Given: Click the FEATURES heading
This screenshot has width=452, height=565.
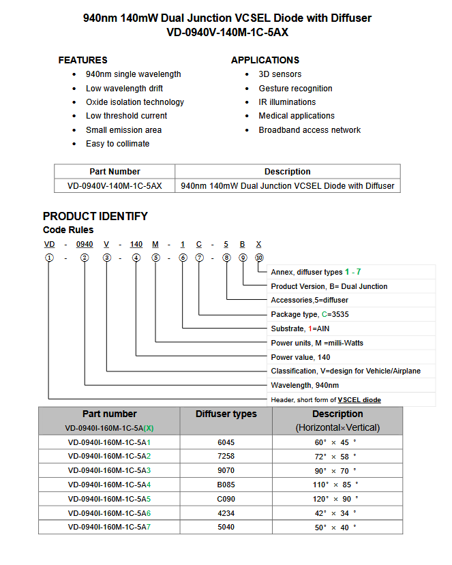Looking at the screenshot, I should [x=82, y=60].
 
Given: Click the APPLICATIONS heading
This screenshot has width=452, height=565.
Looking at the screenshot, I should [x=265, y=60].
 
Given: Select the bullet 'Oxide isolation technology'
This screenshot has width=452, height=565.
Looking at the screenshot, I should [x=134, y=102].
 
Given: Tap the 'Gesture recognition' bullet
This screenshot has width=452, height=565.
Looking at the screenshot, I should [x=295, y=89].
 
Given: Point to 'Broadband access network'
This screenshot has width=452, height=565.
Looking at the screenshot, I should [x=310, y=130].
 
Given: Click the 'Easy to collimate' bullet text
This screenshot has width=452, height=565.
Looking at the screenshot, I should [x=117, y=144].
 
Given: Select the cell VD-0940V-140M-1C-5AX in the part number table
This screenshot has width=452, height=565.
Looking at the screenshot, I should [x=115, y=185].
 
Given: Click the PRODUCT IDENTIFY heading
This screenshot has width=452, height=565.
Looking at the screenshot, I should [x=95, y=216].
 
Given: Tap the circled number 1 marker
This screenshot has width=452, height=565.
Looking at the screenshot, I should [x=49, y=258].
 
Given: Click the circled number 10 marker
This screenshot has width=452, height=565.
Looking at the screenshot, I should [x=259, y=258].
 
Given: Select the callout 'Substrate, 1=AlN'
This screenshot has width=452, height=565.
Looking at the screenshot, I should [x=300, y=329].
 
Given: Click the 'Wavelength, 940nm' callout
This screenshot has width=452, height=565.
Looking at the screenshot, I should [x=301, y=385].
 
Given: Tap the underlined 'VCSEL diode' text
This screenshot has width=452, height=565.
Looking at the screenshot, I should [x=359, y=400].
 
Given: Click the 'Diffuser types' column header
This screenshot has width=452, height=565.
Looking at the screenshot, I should [x=226, y=414].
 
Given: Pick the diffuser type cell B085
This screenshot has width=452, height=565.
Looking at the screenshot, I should [x=226, y=485].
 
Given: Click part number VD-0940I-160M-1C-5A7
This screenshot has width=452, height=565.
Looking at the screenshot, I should [x=109, y=527].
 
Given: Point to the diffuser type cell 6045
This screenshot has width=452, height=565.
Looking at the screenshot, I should [x=226, y=442].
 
